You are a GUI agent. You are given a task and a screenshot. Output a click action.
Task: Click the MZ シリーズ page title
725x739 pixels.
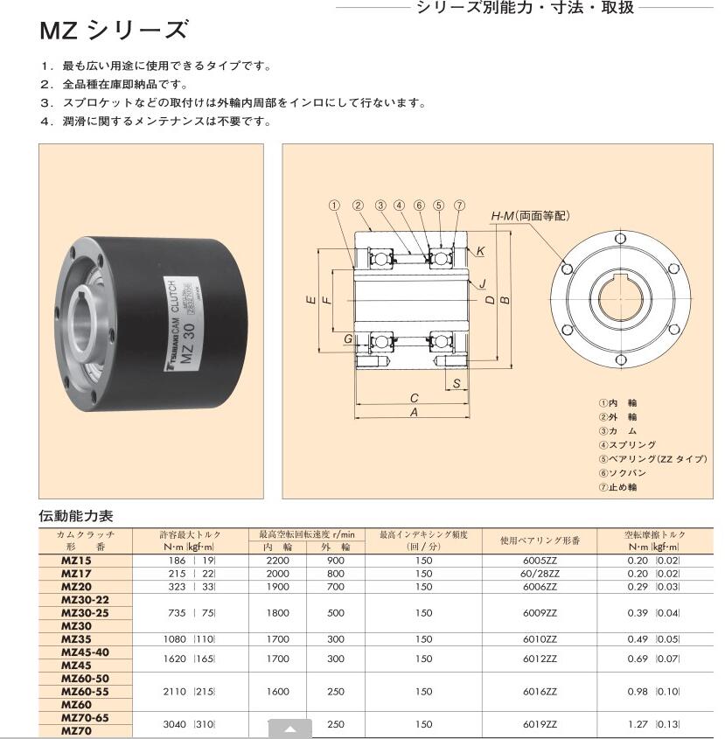(x=114, y=31)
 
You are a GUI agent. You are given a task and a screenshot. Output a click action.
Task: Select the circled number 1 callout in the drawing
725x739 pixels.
(x=333, y=206)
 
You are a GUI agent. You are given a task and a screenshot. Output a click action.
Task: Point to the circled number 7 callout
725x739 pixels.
(x=460, y=206)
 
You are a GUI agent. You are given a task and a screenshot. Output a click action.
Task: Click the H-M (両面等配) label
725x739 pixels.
(x=530, y=215)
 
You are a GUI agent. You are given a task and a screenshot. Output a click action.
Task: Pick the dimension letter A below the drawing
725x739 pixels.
(x=414, y=413)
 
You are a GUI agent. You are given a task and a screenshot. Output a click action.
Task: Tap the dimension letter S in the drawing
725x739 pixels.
(x=457, y=382)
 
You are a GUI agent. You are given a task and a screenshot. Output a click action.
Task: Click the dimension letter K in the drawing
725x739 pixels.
(x=480, y=251)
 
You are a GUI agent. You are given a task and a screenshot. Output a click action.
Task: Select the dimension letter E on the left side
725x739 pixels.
(x=310, y=300)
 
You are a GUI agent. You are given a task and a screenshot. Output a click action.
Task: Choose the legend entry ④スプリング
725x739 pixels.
(x=627, y=444)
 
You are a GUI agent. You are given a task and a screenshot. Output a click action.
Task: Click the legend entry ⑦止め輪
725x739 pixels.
(x=617, y=486)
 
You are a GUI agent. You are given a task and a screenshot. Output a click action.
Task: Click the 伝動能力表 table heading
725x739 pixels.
(x=76, y=516)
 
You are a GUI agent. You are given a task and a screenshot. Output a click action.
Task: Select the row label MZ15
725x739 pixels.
(x=76, y=560)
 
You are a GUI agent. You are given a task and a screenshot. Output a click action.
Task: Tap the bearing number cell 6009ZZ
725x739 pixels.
(x=540, y=613)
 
